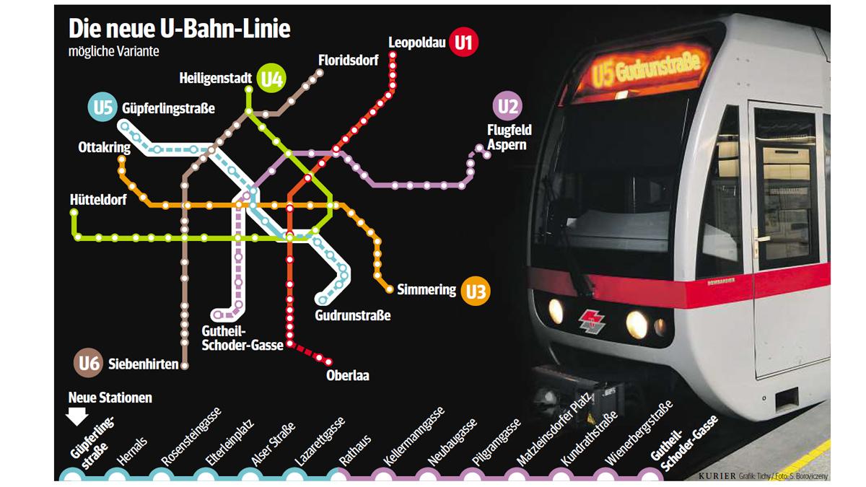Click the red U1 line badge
click(463, 43)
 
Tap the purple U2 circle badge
click(507, 107)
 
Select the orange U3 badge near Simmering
click(476, 291)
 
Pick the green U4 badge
click(271, 79)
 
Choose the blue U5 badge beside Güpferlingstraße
click(102, 108)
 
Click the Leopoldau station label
click(416, 43)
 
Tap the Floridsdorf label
click(348, 61)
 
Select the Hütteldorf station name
click(99, 200)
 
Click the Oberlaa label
click(347, 375)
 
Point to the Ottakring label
click(105, 148)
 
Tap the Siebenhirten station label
click(143, 365)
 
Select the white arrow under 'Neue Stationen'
click(76, 416)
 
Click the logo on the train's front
click(592, 321)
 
